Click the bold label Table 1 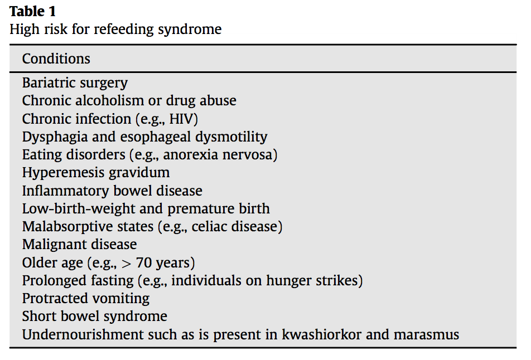[x=32, y=11]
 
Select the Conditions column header [x=56, y=59]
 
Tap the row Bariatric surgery [x=75, y=83]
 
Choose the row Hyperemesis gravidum [x=95, y=172]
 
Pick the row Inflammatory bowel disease [x=112, y=191]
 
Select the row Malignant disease [x=79, y=244]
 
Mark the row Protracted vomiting [x=85, y=298]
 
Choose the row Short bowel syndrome [x=94, y=316]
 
